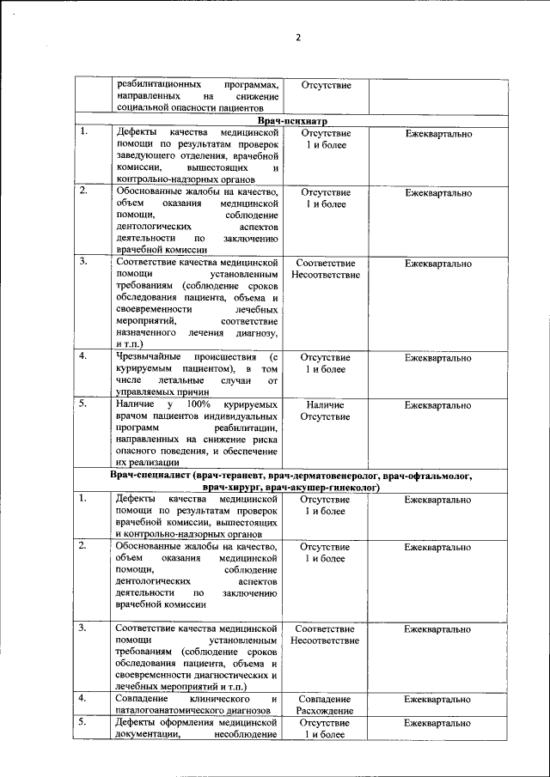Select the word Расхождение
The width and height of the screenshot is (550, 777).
click(325, 712)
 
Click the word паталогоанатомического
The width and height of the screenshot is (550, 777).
click(174, 712)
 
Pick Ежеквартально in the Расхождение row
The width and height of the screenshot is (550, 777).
click(438, 700)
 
